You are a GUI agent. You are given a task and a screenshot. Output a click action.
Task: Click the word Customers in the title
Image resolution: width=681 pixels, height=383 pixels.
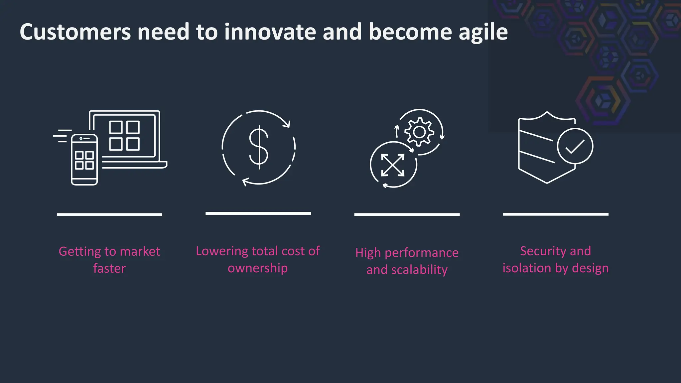[x=75, y=32]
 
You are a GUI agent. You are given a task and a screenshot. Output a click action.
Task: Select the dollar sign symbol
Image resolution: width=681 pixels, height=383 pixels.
[x=259, y=147]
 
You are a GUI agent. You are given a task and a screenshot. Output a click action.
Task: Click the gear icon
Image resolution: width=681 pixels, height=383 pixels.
[x=419, y=132]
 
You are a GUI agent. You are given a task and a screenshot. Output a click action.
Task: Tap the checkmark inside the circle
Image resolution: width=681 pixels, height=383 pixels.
[x=575, y=146]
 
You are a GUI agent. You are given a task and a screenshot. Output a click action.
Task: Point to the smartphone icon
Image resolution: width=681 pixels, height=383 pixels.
[x=84, y=160]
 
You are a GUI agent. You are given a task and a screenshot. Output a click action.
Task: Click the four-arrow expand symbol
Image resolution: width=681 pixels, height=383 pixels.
[x=393, y=165]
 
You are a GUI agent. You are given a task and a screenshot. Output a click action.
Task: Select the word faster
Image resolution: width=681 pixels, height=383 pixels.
[x=109, y=268]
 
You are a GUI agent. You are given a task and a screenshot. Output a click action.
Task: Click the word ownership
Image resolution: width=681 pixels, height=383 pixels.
[x=258, y=268]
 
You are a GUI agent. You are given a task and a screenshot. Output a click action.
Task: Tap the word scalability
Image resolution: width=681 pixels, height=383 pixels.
[x=419, y=270]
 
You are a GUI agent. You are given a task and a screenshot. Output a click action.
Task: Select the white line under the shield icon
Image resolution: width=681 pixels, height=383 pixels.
[x=556, y=214]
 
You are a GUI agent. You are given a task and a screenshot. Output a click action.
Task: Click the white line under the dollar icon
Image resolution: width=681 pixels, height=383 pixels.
[x=258, y=213]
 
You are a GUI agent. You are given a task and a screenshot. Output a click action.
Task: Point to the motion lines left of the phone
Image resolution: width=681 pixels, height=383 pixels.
[x=63, y=136]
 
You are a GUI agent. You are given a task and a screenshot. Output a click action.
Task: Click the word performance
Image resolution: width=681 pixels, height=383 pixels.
[x=422, y=253]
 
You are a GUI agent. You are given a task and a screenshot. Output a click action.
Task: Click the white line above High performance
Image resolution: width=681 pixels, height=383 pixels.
[x=407, y=215]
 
